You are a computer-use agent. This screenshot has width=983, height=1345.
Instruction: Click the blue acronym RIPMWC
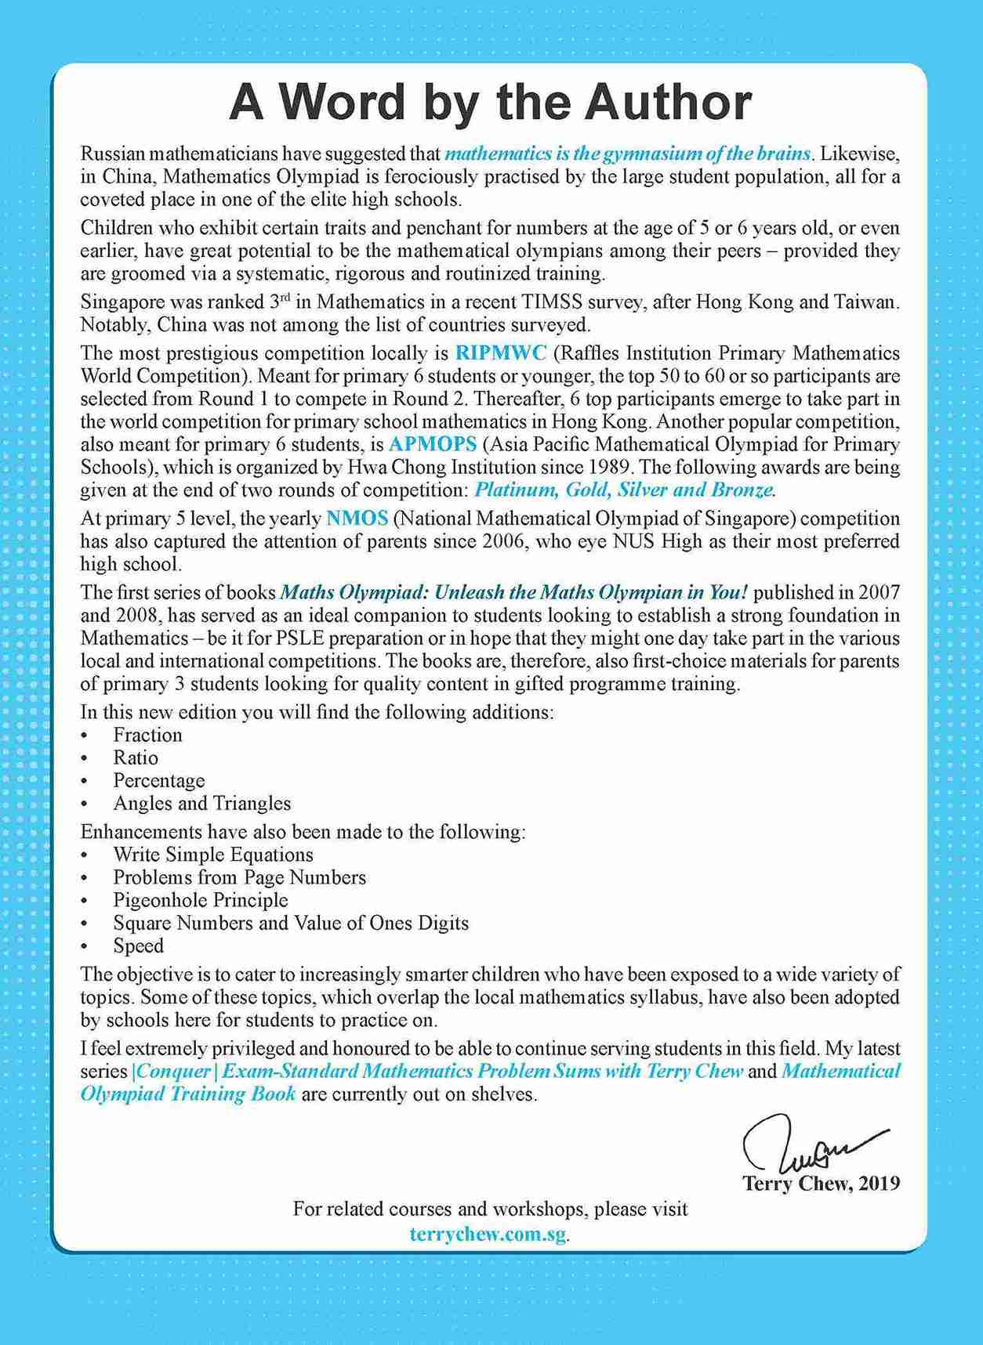501,353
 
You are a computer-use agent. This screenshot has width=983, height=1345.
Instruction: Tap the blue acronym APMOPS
433,445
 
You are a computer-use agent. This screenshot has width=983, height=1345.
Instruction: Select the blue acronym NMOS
357,519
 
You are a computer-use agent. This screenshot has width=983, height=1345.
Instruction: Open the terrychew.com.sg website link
487,1233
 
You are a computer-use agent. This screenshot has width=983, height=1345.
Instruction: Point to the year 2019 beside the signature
879,1183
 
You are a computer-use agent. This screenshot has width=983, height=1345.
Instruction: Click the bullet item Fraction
147,735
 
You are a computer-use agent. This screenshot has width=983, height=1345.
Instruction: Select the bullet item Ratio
136,757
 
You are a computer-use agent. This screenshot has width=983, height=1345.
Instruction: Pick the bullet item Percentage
159,780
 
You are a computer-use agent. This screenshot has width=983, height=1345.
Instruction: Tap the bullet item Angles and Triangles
201,803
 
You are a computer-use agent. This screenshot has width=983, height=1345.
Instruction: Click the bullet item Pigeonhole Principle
201,900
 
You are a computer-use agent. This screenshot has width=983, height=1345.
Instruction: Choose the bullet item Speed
139,945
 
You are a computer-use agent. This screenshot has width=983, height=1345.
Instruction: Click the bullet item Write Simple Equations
213,855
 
